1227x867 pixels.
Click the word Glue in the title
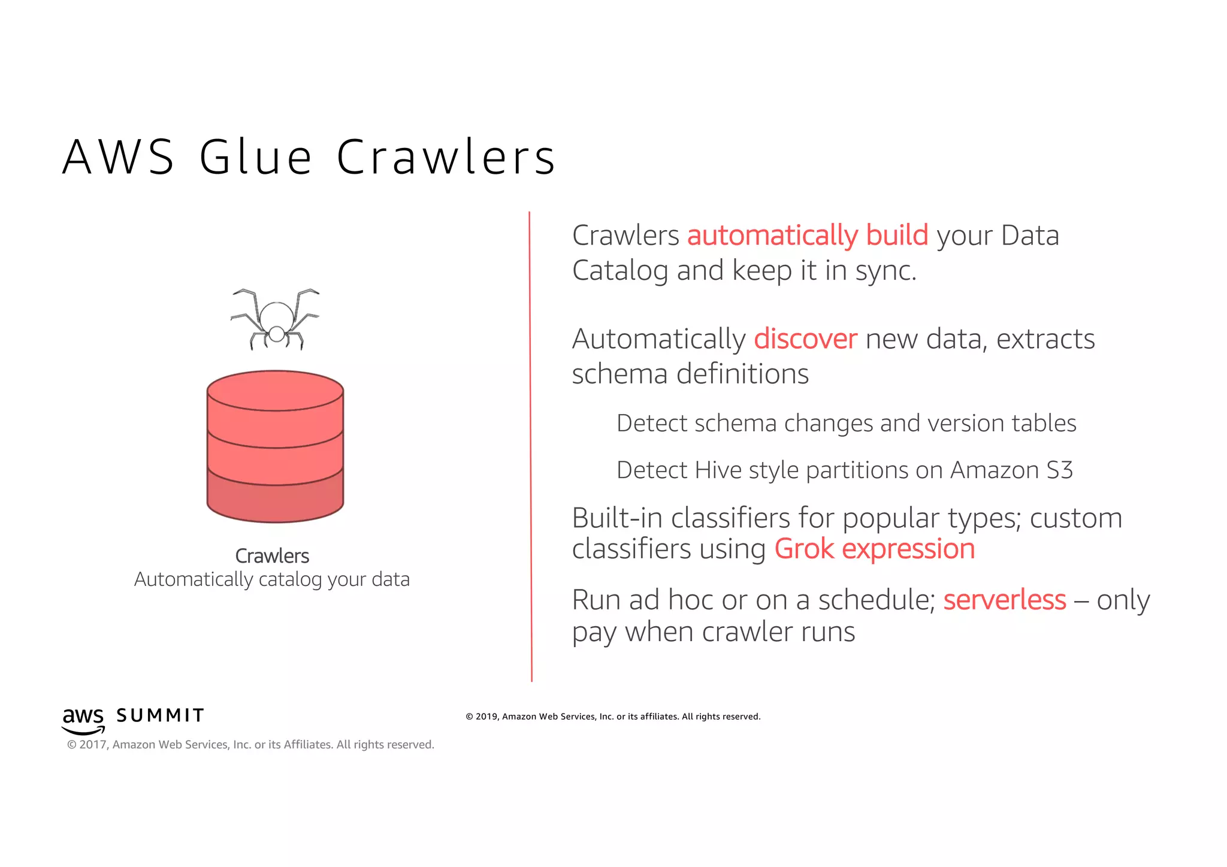[x=255, y=158]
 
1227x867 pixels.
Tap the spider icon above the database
[x=276, y=320]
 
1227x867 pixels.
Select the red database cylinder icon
[x=275, y=446]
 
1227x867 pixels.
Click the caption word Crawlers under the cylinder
[x=272, y=556]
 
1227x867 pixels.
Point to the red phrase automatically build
[x=807, y=235]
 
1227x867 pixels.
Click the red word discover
[x=805, y=339]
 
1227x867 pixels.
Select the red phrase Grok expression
[x=874, y=549]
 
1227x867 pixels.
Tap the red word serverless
[x=1004, y=600]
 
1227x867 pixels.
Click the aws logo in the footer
[x=83, y=720]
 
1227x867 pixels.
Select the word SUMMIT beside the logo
[x=160, y=715]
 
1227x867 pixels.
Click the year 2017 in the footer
[x=93, y=745]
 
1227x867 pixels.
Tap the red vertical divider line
[x=530, y=446]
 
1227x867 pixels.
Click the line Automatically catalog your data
[x=272, y=579]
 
